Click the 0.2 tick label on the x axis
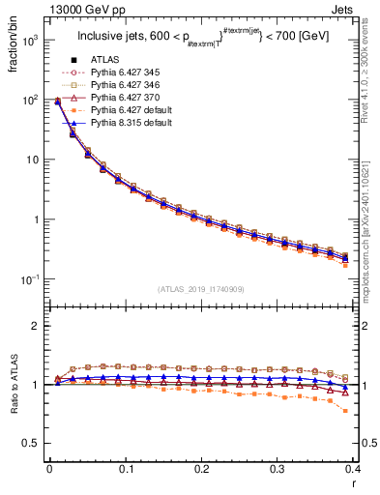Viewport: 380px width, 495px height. pos(202,468)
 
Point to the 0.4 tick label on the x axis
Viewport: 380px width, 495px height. pos(355,468)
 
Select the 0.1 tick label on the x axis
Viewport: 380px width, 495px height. pos(126,468)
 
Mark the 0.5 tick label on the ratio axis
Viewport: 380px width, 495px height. pos(32,443)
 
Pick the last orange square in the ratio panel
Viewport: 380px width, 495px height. pos(346,411)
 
